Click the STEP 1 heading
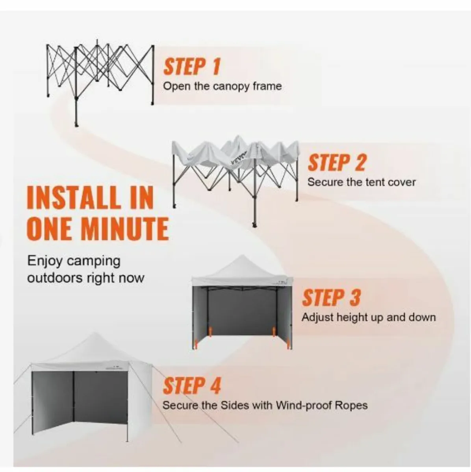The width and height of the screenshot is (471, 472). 192,66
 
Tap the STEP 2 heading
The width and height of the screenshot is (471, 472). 336,163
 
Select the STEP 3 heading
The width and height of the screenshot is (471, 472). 331,298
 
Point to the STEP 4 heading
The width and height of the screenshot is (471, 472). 192,386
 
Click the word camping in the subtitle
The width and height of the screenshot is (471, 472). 93,261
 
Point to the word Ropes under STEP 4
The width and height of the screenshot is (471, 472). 350,405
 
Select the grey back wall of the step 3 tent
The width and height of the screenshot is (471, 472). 242,311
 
